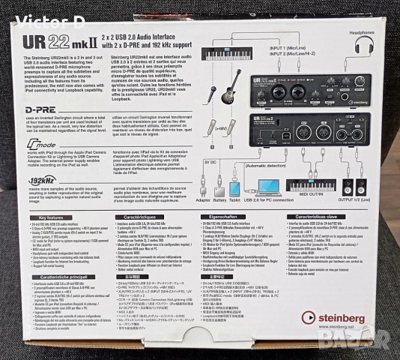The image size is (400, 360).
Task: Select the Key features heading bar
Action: coord(52,216)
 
